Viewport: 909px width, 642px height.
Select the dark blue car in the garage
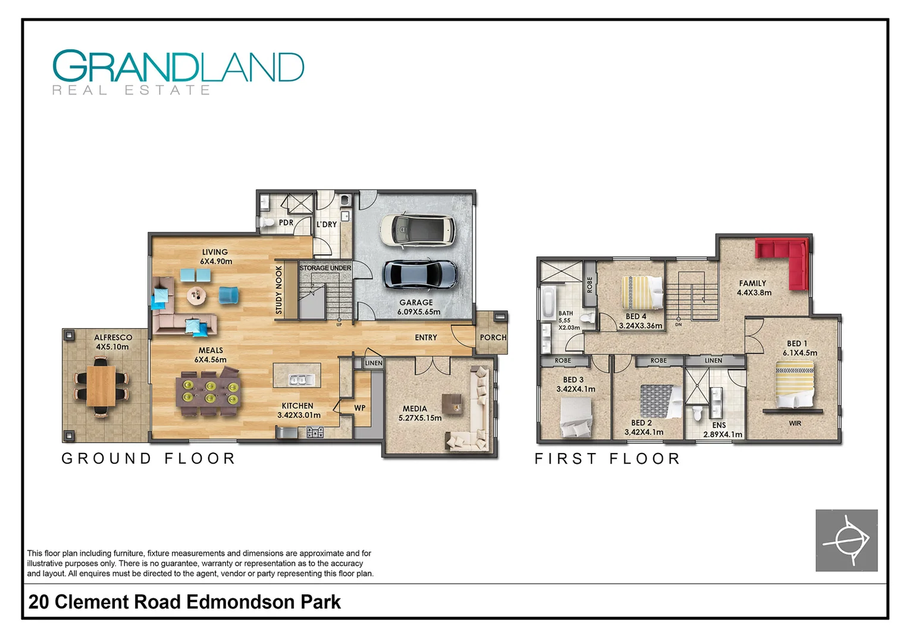[x=419, y=274]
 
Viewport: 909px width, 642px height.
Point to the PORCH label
[x=493, y=338]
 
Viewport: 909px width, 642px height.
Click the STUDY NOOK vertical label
[x=279, y=289]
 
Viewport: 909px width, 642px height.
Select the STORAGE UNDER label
[x=325, y=268]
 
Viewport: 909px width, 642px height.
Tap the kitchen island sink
[x=297, y=379]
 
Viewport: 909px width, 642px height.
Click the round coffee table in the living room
[x=197, y=294]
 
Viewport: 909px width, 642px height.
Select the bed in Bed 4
[x=642, y=292]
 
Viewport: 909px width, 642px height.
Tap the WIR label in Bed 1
[x=795, y=423]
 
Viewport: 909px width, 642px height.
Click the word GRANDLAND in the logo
[x=178, y=66]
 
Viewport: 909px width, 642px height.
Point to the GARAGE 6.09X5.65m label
[x=419, y=307]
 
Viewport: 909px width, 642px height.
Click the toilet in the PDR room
[x=267, y=223]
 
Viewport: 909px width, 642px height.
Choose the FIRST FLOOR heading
[x=607, y=459]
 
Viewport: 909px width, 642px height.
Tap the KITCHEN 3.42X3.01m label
[x=299, y=410]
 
